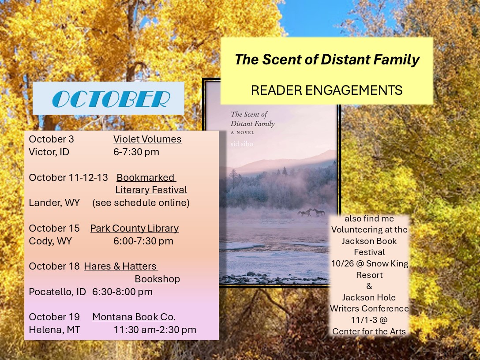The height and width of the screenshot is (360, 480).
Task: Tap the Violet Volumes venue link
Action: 147,139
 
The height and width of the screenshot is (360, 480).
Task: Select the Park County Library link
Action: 135,229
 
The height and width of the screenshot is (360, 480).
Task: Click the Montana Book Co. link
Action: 134,317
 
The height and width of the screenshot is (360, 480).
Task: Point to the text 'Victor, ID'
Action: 49,152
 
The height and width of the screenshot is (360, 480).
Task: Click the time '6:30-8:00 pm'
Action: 123,292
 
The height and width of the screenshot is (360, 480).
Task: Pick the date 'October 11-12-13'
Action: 68,177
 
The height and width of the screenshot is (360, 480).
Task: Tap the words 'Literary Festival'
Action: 151,190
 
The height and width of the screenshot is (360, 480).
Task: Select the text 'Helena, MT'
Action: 55,330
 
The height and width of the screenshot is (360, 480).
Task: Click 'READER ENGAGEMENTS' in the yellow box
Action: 326,90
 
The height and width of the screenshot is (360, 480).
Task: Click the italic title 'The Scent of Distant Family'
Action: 327,60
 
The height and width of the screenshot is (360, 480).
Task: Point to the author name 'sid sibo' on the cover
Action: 242,144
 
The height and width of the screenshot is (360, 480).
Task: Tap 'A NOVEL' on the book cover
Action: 243,132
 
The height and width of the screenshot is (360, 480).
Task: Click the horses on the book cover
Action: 311,213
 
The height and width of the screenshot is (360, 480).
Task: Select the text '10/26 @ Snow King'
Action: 370,263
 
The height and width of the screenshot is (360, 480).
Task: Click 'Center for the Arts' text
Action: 369,331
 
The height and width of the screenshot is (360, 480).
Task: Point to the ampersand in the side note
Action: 369,286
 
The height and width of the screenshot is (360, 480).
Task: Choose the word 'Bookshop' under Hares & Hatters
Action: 157,279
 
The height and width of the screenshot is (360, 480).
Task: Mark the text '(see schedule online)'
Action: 141,202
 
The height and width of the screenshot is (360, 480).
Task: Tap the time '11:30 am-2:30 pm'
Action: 155,330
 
